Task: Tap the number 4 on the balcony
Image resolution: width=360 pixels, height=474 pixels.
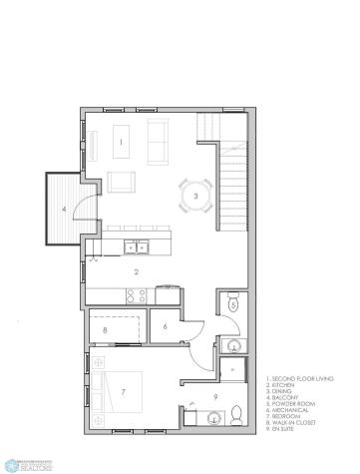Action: [x=64, y=210]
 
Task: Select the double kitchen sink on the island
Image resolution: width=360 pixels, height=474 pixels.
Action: [x=135, y=246]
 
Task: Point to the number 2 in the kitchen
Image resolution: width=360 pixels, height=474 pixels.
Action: [x=137, y=270]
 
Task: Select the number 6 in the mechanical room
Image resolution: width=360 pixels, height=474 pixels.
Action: [x=166, y=326]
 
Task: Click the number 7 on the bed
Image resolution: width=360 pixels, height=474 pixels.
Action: [x=123, y=392]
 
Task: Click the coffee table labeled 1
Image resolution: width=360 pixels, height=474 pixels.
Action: [x=122, y=142]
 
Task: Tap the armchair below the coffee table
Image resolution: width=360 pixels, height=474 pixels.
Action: [x=122, y=182]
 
